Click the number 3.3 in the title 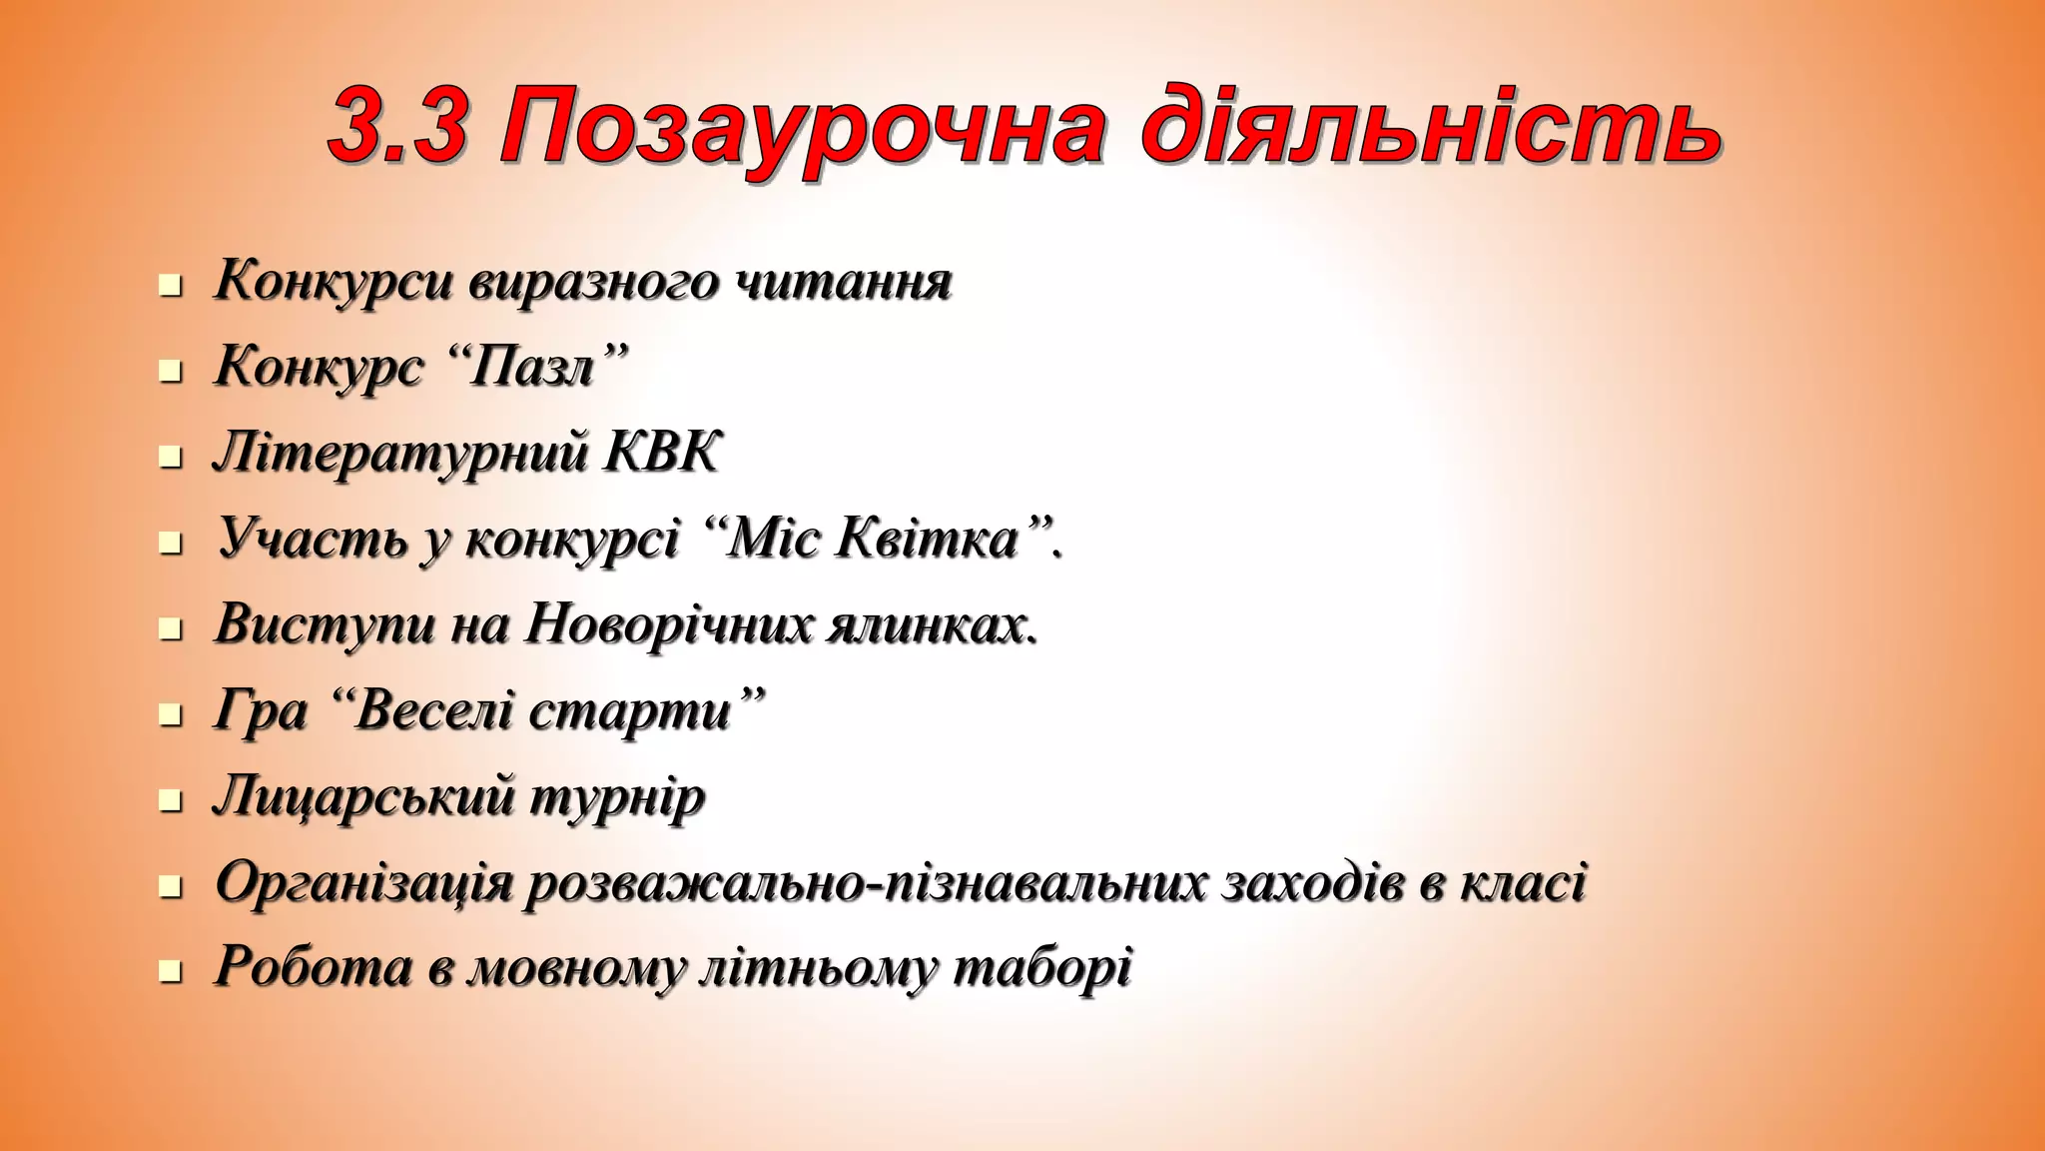[398, 128]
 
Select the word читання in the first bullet [844, 282]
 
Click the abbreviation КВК [661, 453]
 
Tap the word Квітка [928, 540]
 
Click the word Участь [312, 540]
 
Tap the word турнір [616, 798]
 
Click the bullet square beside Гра [171, 715]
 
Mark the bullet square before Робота [171, 972]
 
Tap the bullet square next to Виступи [171, 629]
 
